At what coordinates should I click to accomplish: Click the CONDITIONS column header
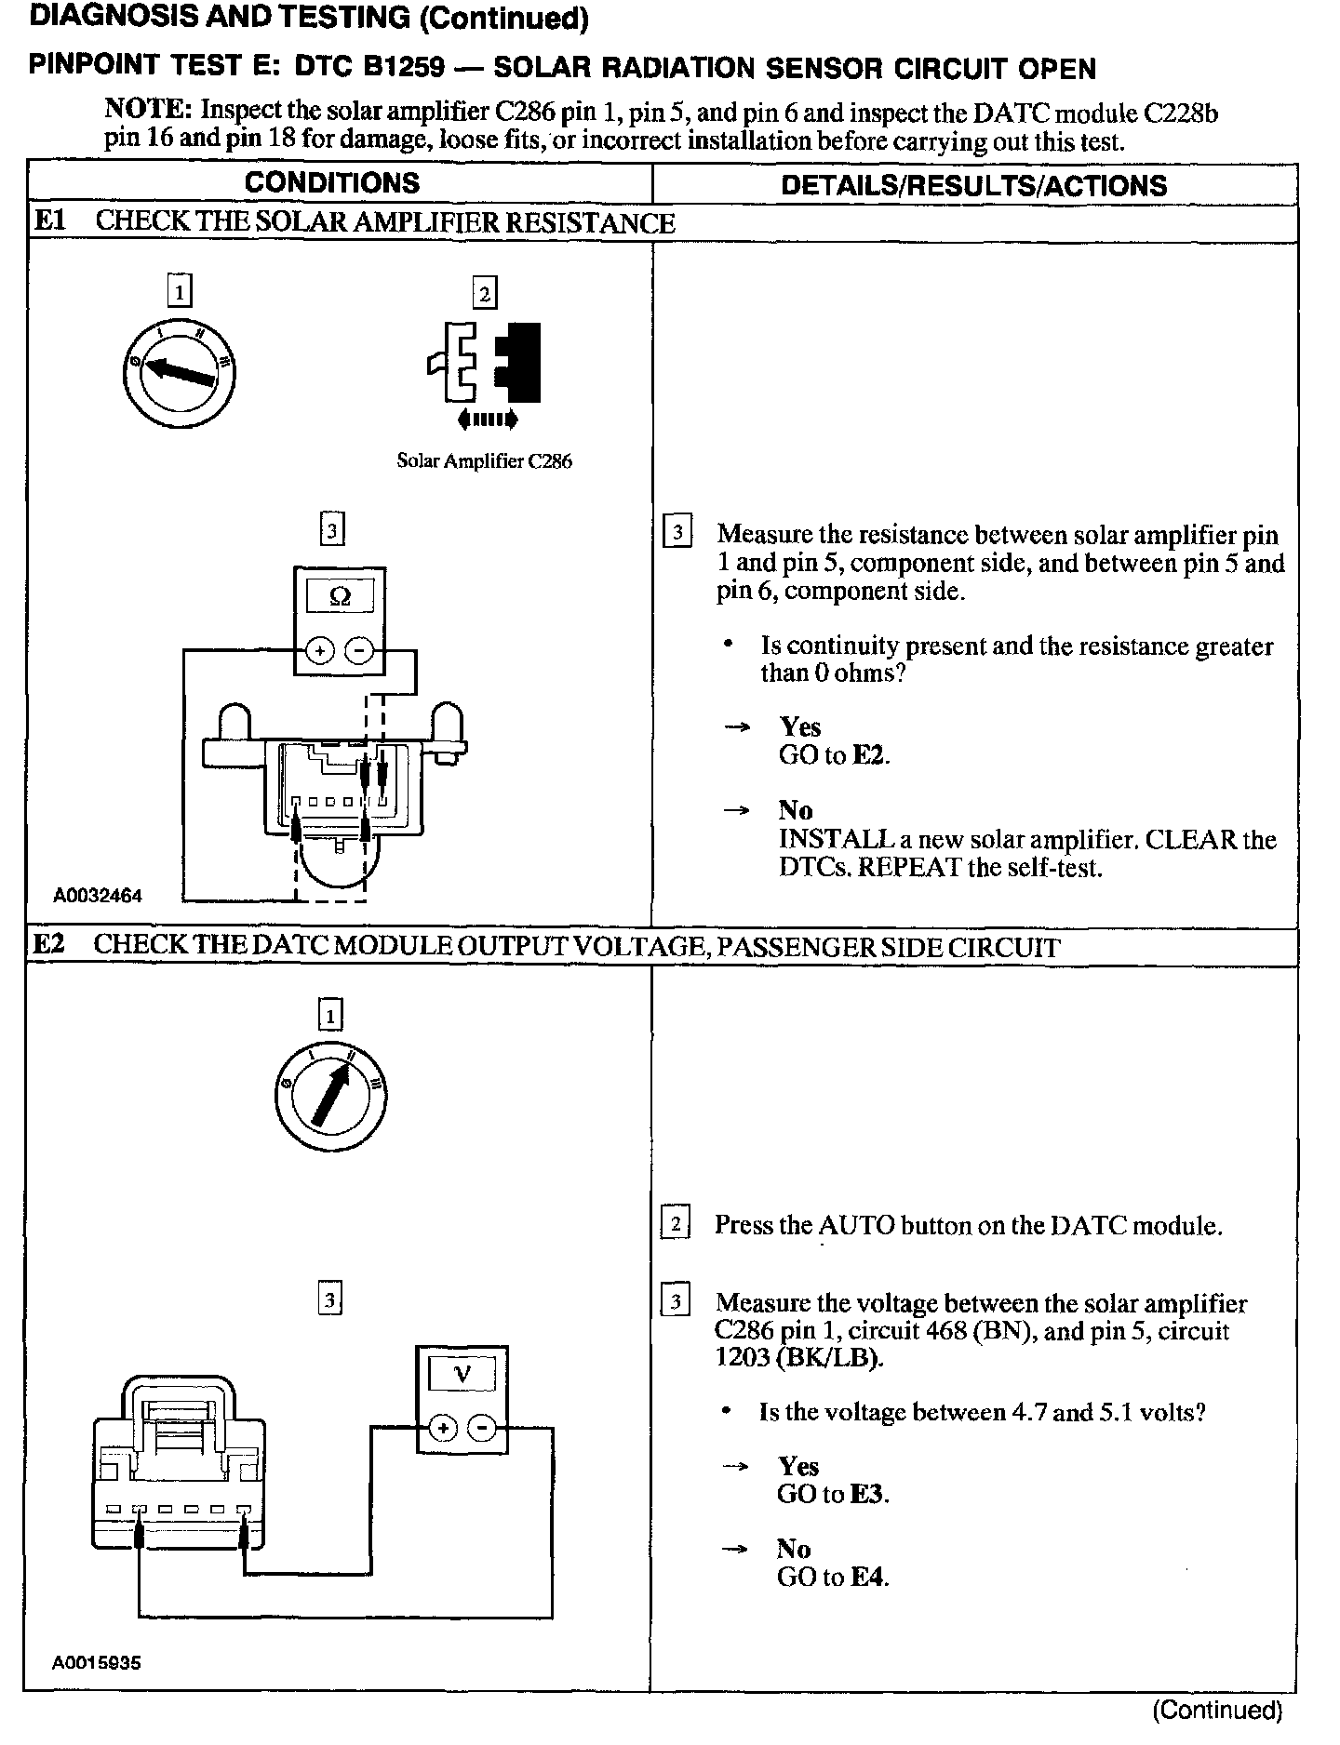[x=332, y=182]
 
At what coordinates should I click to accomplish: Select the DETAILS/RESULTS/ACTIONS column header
[x=973, y=185]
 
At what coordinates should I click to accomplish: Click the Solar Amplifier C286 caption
[x=484, y=461]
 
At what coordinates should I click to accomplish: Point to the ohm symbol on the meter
[x=340, y=597]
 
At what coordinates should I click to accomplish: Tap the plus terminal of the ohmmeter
[x=320, y=651]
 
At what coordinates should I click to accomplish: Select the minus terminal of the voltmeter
[x=481, y=1428]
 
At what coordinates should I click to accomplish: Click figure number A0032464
[x=98, y=896]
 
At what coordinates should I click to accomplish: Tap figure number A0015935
[x=97, y=1662]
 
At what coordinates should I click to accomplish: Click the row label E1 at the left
[x=48, y=221]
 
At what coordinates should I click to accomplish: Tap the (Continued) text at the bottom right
[x=1217, y=1710]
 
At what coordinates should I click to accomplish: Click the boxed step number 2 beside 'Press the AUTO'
[x=676, y=1224]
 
